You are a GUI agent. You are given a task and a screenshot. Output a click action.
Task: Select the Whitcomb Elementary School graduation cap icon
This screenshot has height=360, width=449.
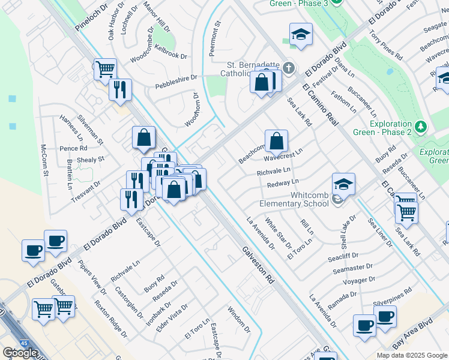[x=343, y=184]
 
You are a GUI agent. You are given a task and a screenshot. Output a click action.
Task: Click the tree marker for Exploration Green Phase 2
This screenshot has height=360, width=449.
[x=421, y=127]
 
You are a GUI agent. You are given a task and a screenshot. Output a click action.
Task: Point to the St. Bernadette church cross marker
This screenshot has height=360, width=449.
[x=289, y=67]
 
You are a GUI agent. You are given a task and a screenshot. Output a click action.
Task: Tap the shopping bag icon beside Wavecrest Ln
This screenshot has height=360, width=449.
[x=276, y=142]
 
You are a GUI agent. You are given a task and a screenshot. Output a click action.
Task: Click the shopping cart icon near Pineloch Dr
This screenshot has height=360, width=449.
[x=104, y=69]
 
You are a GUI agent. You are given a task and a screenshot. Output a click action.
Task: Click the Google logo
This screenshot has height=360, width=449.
[x=19, y=353]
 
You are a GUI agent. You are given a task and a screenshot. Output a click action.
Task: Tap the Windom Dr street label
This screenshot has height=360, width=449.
[x=239, y=320]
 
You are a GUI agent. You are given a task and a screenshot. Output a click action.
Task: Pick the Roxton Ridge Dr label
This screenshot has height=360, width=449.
[x=110, y=319]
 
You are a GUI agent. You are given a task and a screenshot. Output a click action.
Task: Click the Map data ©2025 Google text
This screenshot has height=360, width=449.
[x=411, y=355]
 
